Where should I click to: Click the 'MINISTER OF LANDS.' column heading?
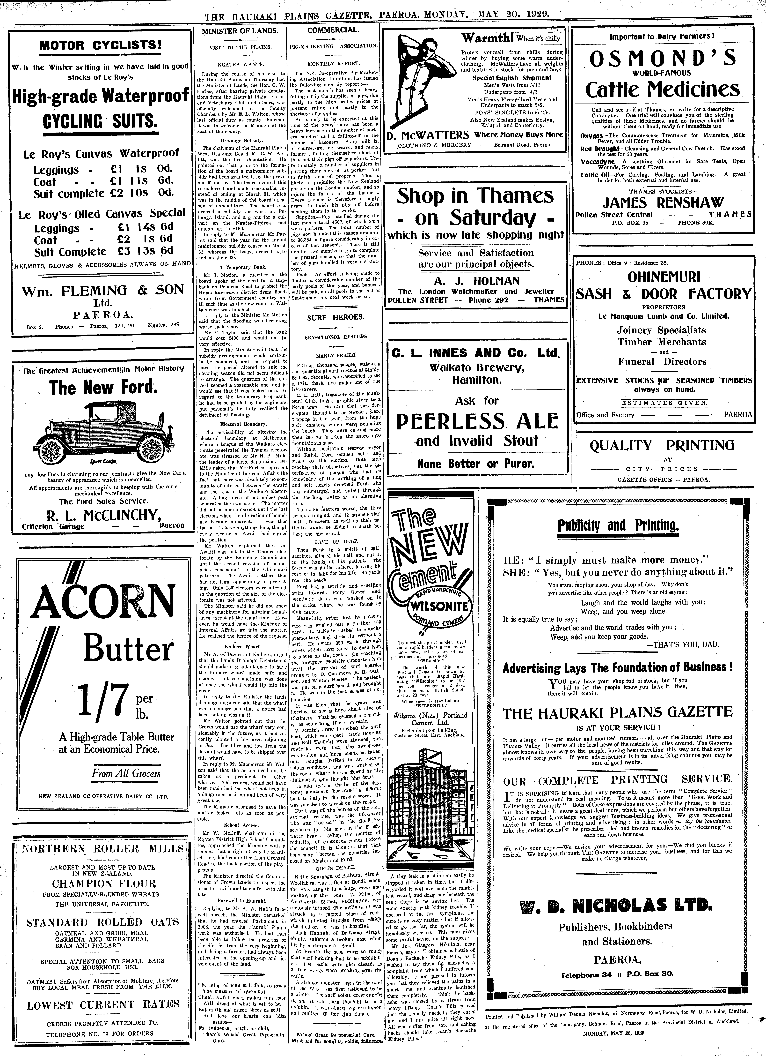(240, 31)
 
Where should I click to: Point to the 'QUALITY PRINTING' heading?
(662, 446)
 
